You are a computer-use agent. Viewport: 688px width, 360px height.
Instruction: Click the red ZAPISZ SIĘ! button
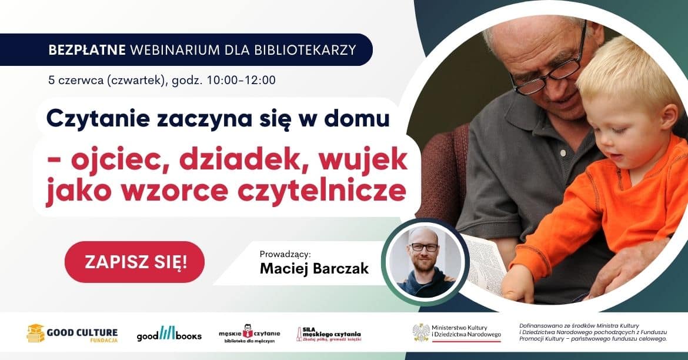(134, 262)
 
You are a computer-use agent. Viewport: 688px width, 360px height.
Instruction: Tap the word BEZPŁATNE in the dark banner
(87, 49)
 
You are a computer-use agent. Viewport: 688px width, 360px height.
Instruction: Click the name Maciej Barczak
(314, 268)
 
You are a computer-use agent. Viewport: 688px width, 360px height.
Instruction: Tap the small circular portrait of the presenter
(425, 262)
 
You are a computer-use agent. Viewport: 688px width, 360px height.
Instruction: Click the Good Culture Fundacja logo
(72, 334)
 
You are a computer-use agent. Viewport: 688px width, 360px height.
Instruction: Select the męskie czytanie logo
(249, 334)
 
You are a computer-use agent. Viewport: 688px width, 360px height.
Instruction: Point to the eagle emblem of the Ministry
(421, 332)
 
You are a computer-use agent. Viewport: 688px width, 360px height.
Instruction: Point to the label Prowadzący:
(285, 254)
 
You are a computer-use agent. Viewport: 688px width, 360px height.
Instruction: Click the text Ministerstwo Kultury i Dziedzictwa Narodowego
(466, 331)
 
